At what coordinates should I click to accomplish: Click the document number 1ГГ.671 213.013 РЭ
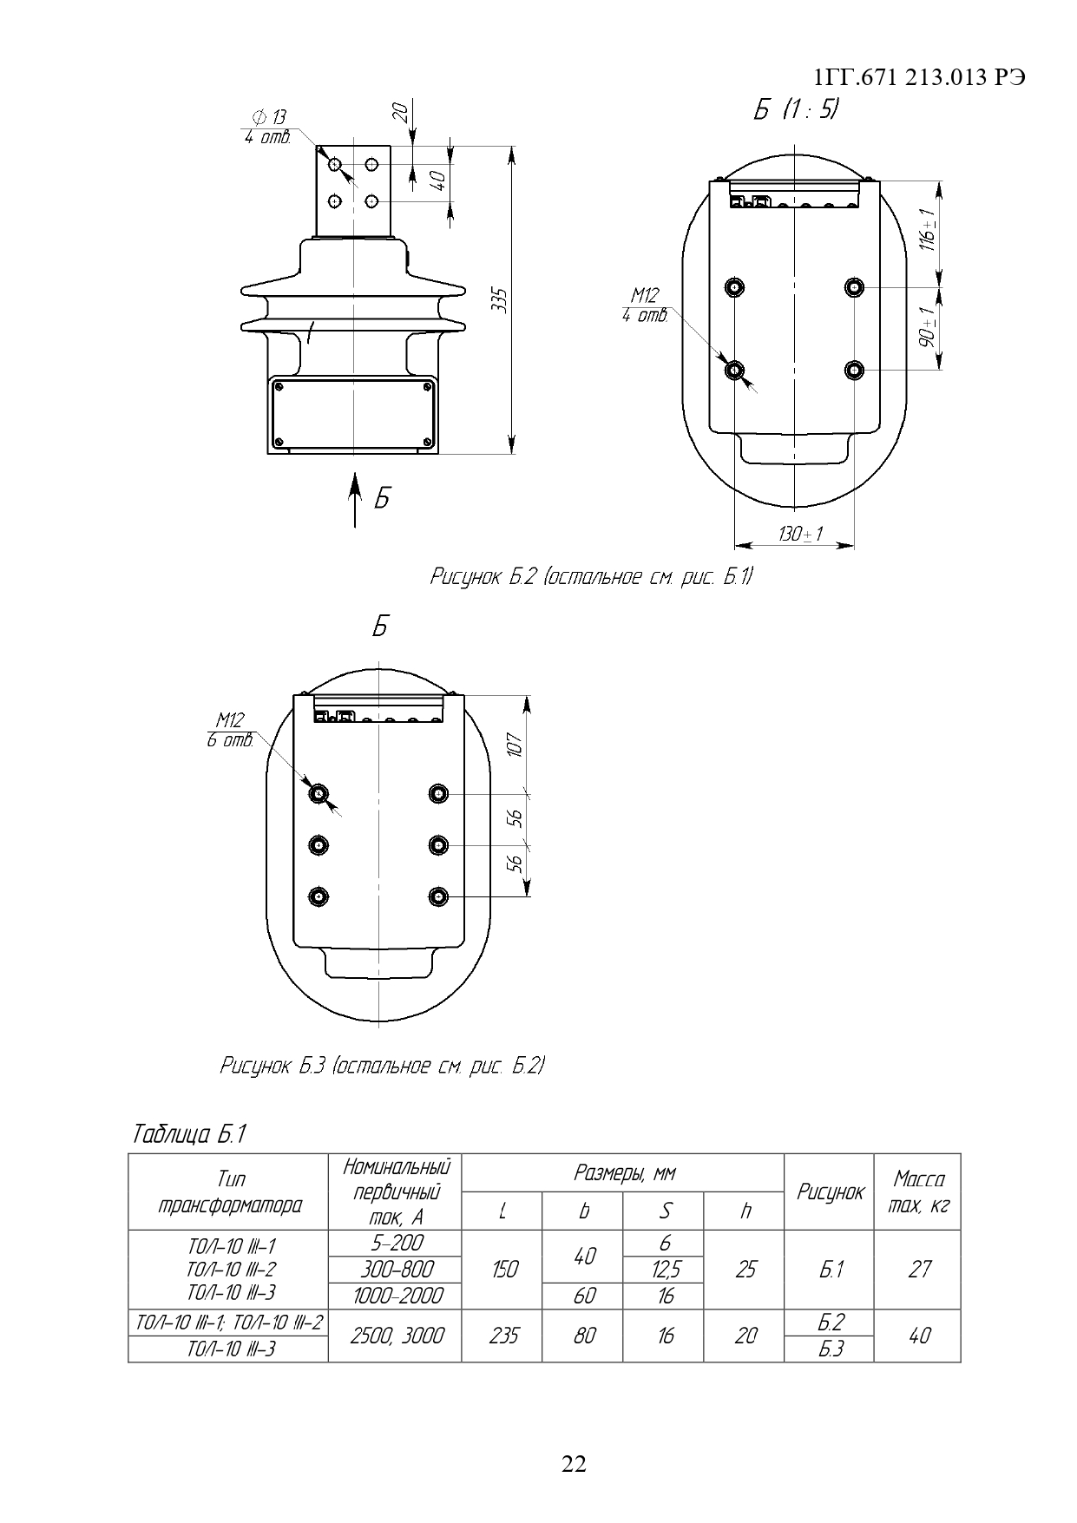(920, 78)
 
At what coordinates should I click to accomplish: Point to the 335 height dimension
(498, 300)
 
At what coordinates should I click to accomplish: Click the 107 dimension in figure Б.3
(515, 744)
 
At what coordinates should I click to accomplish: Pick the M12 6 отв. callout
(230, 729)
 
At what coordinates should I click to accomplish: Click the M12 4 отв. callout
(645, 305)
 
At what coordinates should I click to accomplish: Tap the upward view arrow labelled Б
(354, 499)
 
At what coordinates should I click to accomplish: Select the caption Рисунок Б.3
(382, 1066)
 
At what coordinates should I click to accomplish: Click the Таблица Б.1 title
(190, 1134)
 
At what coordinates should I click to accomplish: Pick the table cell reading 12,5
(665, 1270)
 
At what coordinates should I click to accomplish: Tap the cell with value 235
(502, 1336)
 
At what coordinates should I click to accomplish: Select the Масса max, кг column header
(918, 1191)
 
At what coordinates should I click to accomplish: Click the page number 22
(575, 1464)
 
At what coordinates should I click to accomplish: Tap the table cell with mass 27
(918, 1270)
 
